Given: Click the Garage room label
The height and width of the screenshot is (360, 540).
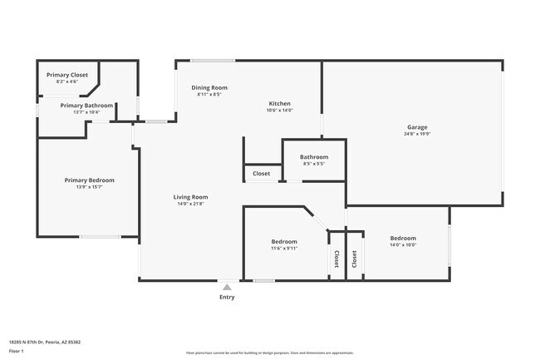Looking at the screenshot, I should point(417,127).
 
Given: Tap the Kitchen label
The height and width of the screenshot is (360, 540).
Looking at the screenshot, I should point(280,103).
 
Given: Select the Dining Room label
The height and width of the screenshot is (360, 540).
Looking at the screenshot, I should point(209,87).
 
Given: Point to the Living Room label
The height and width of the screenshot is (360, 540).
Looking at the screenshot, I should point(190,197).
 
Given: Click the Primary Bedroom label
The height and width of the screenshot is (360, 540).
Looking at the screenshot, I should point(90,180).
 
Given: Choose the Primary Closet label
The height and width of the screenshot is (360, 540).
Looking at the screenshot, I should point(66,75).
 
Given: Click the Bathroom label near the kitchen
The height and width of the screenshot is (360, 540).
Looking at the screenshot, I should point(314,156).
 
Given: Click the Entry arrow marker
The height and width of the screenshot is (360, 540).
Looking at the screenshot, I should point(227,287).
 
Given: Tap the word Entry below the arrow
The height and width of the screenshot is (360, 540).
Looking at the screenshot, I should point(227,297).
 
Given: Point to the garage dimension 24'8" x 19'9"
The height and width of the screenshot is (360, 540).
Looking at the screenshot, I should point(417,134).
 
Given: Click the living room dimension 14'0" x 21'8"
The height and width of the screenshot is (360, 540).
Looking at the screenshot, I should point(190,204).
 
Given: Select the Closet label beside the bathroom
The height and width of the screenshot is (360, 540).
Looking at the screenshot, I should point(262,174).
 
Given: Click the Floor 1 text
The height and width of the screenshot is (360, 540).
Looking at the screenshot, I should point(17,350).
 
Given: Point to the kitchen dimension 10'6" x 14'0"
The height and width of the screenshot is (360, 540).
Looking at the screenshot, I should point(280,110).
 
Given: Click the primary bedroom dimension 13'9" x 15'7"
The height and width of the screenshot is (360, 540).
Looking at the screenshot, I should point(90,186).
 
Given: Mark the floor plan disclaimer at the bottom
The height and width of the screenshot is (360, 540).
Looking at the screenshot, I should point(270,353).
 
